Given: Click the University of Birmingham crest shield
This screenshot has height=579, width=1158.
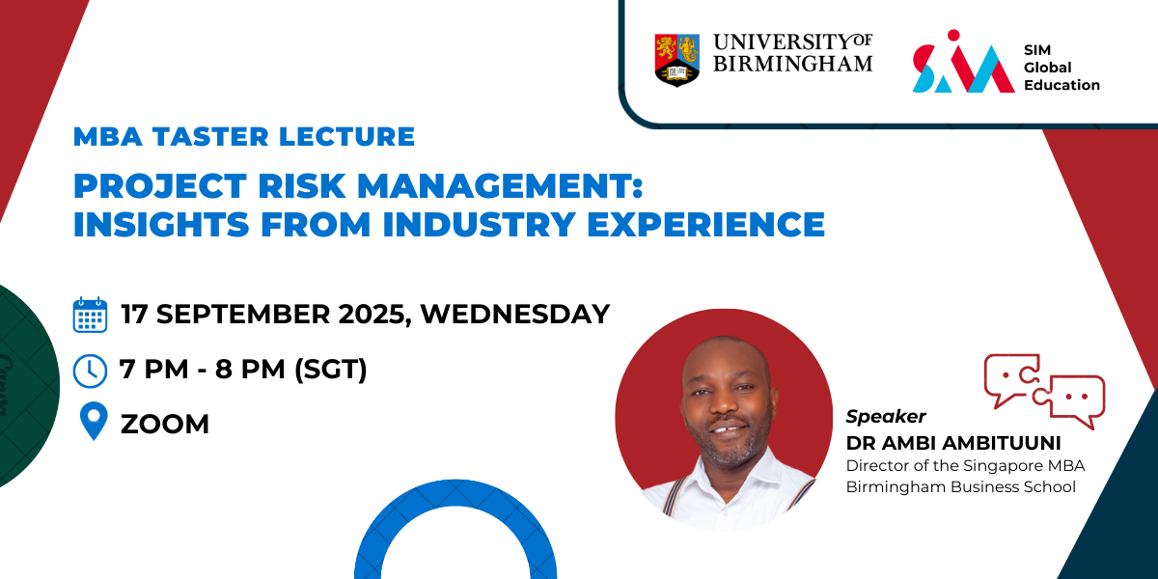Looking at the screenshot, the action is coord(677,60).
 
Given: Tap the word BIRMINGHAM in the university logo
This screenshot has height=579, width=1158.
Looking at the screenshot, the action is coord(793,64).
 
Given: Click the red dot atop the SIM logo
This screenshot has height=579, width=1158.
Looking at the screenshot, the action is coord(953,35).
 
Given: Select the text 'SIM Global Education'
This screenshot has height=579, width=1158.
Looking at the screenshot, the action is coord(1061,68).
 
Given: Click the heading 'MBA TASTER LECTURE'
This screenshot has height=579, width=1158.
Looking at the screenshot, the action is coord(244,136).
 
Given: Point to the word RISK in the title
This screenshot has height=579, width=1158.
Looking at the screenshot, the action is coord(301,185).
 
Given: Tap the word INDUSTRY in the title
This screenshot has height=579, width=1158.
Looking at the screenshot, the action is coord(480,224).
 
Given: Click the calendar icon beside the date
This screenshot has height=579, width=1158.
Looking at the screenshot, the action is coord(90,315).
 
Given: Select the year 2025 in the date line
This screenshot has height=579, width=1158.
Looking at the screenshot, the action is coord(372,315).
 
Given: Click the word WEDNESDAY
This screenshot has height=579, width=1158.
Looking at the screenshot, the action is coord(515,315).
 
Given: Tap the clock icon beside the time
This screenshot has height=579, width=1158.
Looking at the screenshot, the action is coord(90,371).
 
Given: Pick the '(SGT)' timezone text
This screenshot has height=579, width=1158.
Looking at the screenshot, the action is coord(331,369).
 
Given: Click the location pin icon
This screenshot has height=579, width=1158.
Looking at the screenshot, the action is coord(94,420).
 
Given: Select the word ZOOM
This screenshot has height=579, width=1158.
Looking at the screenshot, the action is coord(165,424).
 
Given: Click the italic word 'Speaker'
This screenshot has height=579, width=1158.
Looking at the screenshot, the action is coord(886,416).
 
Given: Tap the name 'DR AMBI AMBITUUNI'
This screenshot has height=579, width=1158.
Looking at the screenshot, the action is coord(953,443).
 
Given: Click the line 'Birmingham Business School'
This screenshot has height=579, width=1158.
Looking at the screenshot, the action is coord(960,487).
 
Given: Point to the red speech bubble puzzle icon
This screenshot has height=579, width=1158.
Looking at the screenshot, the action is coord(1044,391).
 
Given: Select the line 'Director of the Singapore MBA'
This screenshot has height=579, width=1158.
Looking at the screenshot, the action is coord(965,466).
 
